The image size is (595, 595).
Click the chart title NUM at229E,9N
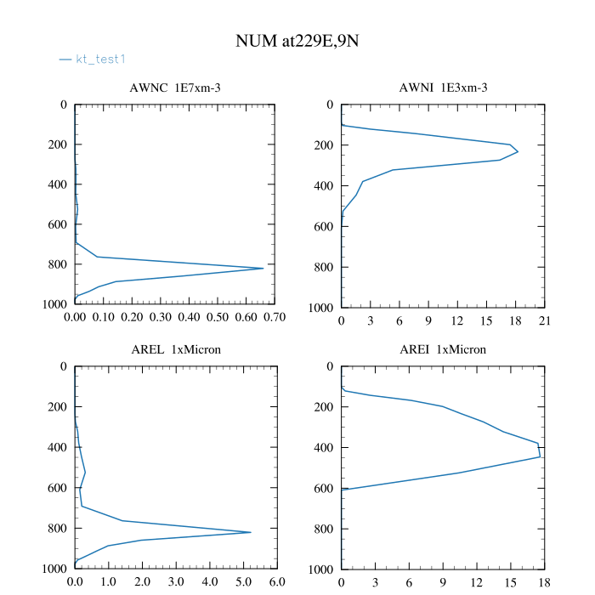pos(297,42)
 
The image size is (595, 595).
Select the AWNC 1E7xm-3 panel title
pos(175,88)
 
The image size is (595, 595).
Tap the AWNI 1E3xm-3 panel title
pos(443,88)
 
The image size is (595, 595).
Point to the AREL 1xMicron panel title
pos(175,349)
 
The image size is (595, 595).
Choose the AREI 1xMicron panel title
pos(443,349)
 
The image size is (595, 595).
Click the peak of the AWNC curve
pos(263,269)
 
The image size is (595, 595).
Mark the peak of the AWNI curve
pos(518,151)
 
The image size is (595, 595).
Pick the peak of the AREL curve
pos(251,532)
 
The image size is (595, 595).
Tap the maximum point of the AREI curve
pos(540,456)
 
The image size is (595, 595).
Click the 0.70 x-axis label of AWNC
pos(275,318)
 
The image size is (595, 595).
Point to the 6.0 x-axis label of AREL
pos(277,582)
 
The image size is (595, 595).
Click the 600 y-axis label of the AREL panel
pos(58,488)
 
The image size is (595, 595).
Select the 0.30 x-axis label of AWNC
pos(161,318)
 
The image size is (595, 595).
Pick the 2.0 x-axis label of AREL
pos(142,582)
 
